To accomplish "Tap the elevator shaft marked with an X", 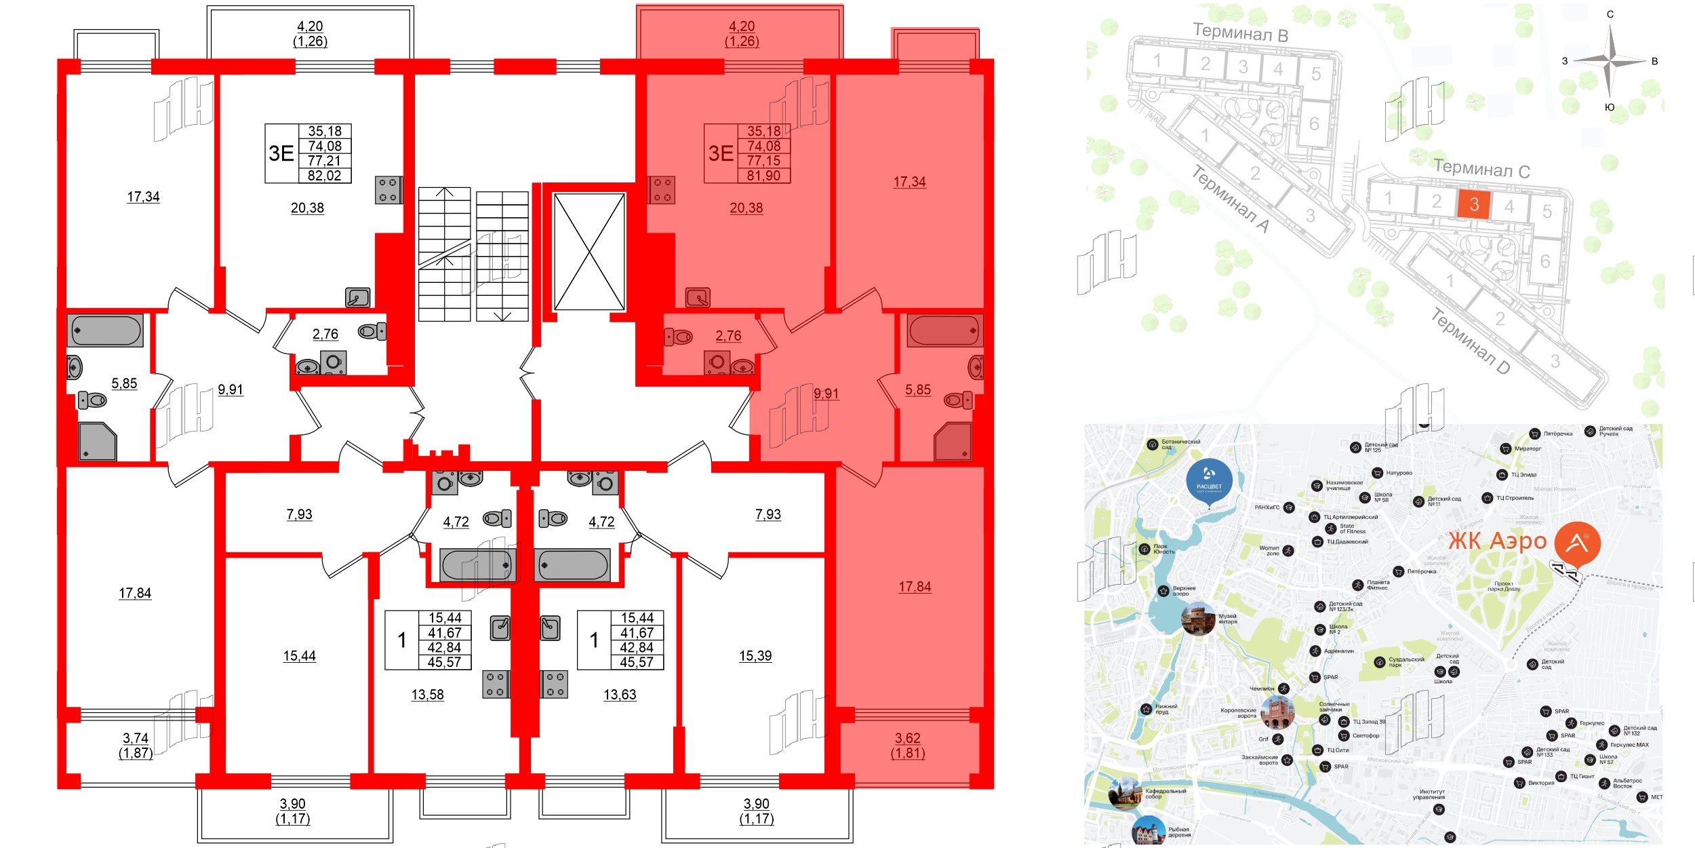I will pyautogui.click(x=589, y=252).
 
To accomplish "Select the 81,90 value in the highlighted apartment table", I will pyautogui.click(x=763, y=176).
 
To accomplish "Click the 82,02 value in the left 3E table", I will pyautogui.click(x=325, y=176).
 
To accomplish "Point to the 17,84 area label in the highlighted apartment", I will pyautogui.click(x=915, y=587).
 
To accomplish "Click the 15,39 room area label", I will pyautogui.click(x=755, y=656).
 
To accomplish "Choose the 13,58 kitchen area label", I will pyautogui.click(x=428, y=695).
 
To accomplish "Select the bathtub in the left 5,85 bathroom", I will pyautogui.click(x=106, y=330).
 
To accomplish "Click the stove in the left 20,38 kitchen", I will pyautogui.click(x=388, y=190).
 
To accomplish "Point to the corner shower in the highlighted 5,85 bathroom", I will pyautogui.click(x=953, y=442).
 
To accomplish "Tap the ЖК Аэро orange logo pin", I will pyautogui.click(x=1578, y=543).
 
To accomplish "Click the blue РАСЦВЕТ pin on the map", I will pyautogui.click(x=1209, y=480).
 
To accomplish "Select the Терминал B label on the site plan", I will pyautogui.click(x=1240, y=32).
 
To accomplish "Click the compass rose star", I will pyautogui.click(x=1610, y=62).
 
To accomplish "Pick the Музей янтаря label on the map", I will pyautogui.click(x=1228, y=619).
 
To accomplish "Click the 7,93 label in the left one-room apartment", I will pyautogui.click(x=300, y=514).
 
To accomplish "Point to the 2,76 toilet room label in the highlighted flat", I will pyautogui.click(x=728, y=336).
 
